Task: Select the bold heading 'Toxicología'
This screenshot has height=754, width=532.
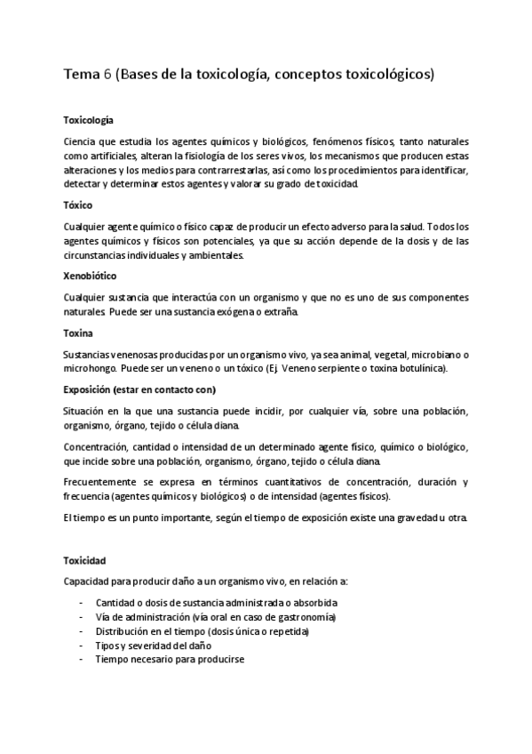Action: click(89, 119)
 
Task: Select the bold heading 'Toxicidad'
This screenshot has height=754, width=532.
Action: click(85, 561)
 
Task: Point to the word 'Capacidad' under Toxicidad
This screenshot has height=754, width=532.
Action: click(88, 582)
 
